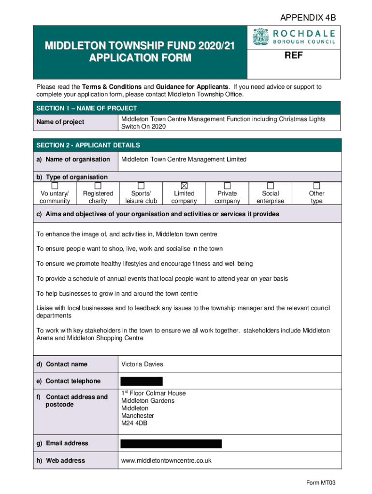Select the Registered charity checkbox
tap(98, 186)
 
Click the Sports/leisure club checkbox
tap(141, 186)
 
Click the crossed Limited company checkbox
tap(184, 186)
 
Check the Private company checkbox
tap(227, 186)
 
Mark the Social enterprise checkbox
tap(271, 186)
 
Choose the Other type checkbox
tap(316, 186)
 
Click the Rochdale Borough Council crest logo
tap(260, 37)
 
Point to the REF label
tap(294, 56)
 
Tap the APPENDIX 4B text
tap(308, 18)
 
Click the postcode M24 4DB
tap(134, 423)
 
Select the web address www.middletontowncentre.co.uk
tap(166, 461)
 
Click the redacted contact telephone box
tap(141, 381)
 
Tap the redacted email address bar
tap(171, 443)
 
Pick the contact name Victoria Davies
tap(142, 364)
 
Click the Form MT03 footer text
tap(321, 482)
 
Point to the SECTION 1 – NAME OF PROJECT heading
tap(86, 108)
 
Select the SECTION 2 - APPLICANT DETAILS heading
tap(88, 145)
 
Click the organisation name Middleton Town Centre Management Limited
tap(184, 159)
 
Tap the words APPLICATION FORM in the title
tap(140, 58)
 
